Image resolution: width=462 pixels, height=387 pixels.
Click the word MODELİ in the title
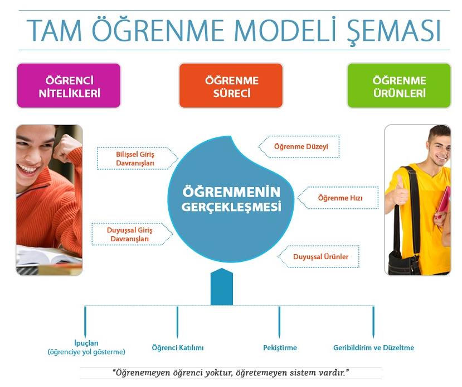[x=285, y=30]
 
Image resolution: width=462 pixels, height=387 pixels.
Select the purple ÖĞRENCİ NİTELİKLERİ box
[x=69, y=85]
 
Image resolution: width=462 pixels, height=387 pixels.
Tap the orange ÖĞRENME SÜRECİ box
[x=231, y=85]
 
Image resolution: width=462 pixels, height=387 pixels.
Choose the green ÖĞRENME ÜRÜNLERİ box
[x=399, y=85]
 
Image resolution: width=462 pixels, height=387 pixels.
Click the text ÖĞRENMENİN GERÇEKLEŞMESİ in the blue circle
[x=231, y=199]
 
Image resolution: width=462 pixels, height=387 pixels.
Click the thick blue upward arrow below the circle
[x=222, y=286]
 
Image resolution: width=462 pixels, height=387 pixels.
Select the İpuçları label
[x=86, y=343]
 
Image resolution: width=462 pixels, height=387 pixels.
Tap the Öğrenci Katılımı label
[x=178, y=348]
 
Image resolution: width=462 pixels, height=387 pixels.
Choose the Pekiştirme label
[x=280, y=348]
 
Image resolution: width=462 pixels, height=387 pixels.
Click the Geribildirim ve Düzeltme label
[x=373, y=348]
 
